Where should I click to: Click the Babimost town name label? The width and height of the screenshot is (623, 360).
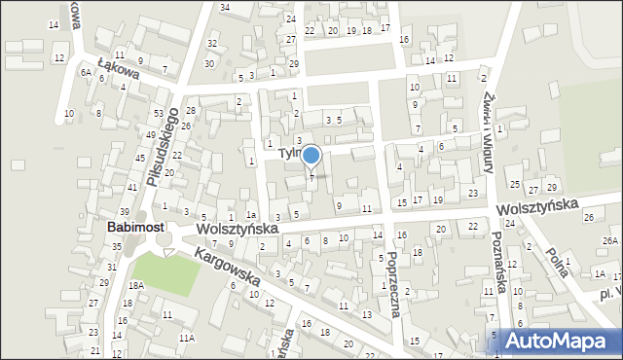[134, 228]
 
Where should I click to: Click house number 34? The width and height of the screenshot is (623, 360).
[225, 8]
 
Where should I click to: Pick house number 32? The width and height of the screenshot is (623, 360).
[212, 44]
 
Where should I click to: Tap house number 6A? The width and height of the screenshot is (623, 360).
[86, 72]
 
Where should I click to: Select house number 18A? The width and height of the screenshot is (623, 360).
[136, 285]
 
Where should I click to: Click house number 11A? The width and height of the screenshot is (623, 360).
[186, 338]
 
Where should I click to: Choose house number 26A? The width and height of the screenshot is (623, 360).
[610, 240]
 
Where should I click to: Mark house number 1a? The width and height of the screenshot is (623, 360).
[250, 215]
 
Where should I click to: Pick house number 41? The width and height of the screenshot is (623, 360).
[131, 187]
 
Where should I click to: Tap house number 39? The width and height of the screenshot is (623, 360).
[125, 211]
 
